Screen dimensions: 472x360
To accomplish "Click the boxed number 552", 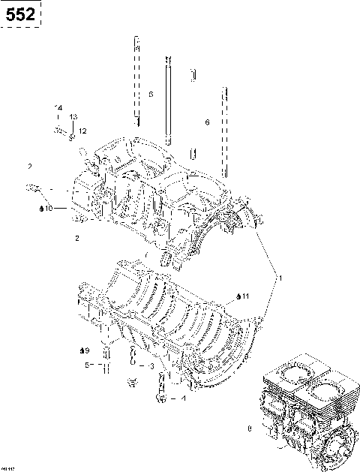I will coord(20,14).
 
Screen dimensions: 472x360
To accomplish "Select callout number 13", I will coord(73,117).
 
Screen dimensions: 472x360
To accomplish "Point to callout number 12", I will coord(82,131).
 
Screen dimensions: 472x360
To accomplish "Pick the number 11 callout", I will coord(245,298).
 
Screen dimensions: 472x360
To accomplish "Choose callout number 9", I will coord(86,350).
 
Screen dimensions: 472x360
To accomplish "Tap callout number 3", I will coord(151,366).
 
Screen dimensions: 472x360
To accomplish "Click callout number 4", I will coord(184,398).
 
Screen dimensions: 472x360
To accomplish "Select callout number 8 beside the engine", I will coord(249,430).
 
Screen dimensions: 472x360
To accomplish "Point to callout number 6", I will coord(207,122).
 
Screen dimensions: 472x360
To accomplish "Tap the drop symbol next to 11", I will coord(237,298).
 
